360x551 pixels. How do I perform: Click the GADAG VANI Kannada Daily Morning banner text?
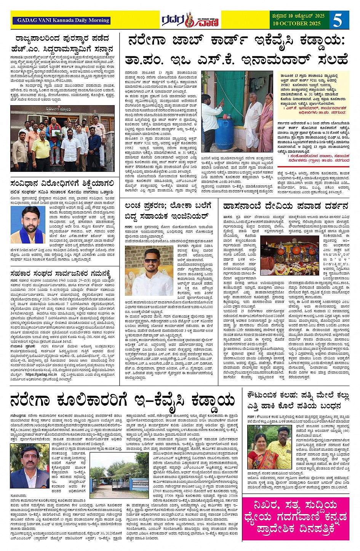(63, 20)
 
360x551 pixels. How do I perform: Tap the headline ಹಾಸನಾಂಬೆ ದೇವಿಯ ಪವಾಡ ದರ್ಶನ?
(285, 206)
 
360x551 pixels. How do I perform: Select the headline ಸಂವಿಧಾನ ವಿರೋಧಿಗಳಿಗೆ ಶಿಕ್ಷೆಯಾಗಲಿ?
(62, 183)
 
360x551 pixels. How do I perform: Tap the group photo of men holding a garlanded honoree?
(62, 138)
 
